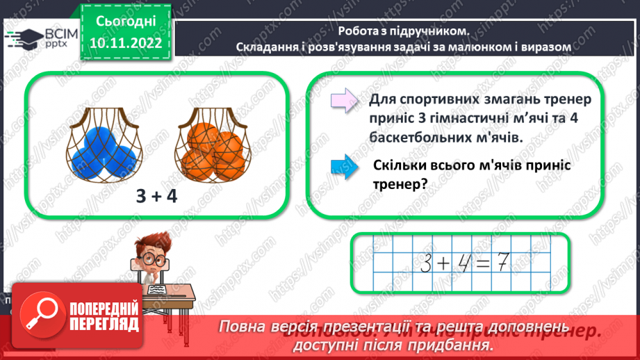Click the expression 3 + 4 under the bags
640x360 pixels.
[157, 197]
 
